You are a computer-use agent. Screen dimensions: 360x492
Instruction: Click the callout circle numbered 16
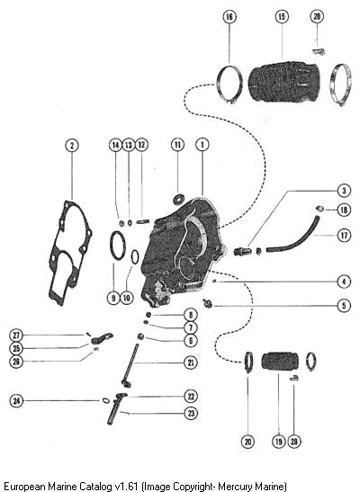coord(229,16)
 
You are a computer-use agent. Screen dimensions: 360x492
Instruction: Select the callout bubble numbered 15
coord(282,16)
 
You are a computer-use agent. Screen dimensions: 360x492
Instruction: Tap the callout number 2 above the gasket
coord(72,146)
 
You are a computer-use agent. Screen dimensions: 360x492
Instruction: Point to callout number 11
coord(177,145)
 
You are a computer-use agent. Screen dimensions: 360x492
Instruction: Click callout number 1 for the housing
coord(202,145)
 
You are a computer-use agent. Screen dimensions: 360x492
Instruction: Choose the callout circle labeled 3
coord(344,191)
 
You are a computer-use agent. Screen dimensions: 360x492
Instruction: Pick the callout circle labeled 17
coord(344,235)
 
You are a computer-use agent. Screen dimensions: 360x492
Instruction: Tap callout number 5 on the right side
coord(344,305)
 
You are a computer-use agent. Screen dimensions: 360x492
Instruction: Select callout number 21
coord(191,362)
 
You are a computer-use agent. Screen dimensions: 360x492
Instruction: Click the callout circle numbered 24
coord(16,400)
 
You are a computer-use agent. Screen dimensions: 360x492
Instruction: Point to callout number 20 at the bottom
coord(248,442)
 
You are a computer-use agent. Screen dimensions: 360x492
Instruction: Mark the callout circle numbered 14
coord(115,145)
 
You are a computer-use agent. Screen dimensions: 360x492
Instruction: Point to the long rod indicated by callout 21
coord(131,365)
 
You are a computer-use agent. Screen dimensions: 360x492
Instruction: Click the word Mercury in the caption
coord(231,487)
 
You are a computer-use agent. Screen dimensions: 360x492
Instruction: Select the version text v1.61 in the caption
coord(127,487)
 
